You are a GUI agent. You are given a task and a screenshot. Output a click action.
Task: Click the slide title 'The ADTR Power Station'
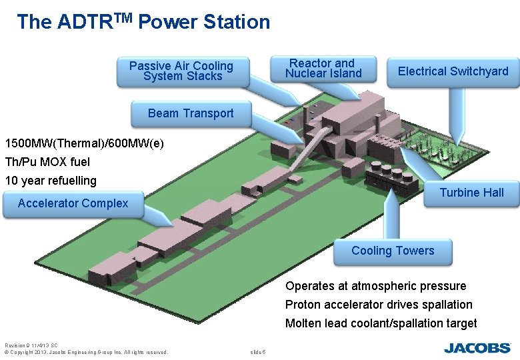tap(143, 22)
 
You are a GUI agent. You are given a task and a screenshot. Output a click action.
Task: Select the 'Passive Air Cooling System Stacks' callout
tap(181, 71)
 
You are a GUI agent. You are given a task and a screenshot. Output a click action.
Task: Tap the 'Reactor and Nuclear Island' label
tap(323, 69)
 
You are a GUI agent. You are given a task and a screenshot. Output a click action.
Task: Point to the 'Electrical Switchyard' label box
tap(453, 71)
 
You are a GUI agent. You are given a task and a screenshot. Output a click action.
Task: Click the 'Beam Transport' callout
tap(191, 113)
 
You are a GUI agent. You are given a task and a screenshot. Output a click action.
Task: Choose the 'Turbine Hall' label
tap(471, 193)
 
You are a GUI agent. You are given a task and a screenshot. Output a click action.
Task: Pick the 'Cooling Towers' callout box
tap(393, 251)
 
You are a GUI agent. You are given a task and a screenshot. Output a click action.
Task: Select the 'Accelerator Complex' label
tap(73, 203)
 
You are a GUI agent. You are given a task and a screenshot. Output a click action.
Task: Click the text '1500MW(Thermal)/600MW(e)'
tap(84, 143)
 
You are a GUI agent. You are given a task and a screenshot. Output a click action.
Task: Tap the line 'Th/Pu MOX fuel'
tap(47, 162)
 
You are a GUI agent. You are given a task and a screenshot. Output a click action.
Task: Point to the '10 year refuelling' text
tap(51, 181)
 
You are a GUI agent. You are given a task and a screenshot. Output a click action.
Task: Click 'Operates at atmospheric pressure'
tap(375, 286)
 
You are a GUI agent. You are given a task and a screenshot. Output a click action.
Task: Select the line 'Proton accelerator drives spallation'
tap(379, 305)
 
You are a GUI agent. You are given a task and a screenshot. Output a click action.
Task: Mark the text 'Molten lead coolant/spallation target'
tap(381, 323)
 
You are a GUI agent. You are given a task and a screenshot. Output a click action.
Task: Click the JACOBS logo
tap(477, 347)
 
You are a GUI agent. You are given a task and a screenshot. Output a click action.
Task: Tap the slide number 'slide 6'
tap(257, 352)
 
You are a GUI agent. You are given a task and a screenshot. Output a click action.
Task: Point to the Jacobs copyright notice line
tap(87, 352)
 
